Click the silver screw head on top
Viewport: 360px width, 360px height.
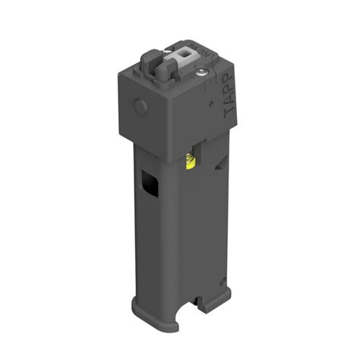coord(201,72)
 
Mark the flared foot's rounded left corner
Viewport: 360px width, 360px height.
coord(137,306)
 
